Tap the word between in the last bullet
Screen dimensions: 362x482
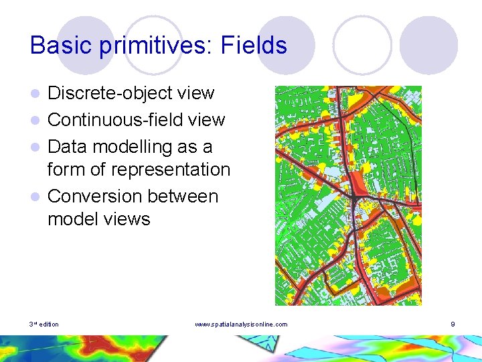[185, 196]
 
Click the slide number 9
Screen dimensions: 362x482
[453, 324]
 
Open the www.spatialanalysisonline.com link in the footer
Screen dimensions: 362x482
[241, 324]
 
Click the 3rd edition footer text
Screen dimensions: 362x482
[44, 324]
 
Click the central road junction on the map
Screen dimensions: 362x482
[351, 195]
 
